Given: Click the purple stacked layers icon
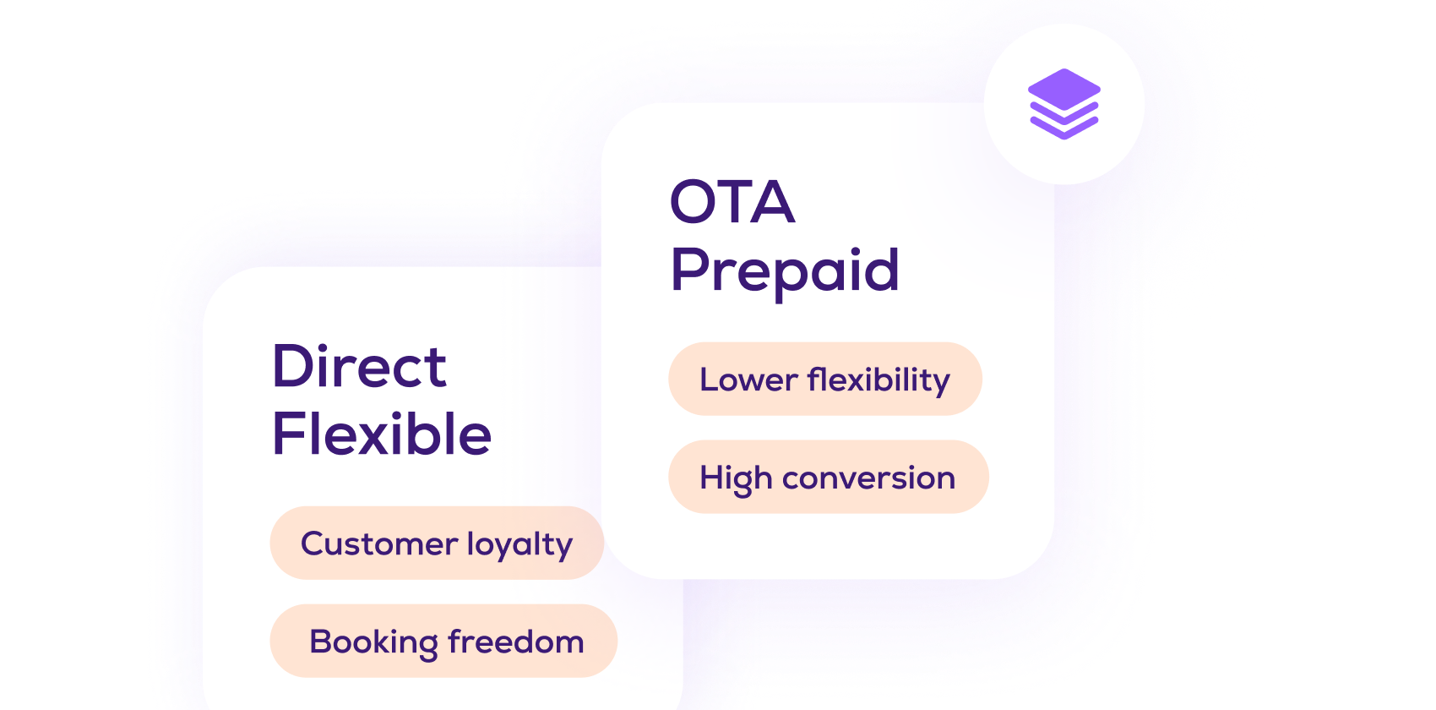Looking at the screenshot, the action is (1064, 104).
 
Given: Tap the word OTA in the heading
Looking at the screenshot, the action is (732, 202).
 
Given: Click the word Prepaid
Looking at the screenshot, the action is (785, 272).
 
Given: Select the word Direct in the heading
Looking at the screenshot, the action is (359, 366).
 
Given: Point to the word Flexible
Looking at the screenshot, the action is (382, 434).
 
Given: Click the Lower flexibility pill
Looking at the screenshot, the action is (825, 379).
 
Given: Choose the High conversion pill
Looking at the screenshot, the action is (829, 477).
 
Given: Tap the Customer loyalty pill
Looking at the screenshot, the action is (437, 543).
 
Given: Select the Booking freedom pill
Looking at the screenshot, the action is (443, 641).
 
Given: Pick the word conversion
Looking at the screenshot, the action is (868, 478).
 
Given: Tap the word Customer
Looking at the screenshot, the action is (379, 544).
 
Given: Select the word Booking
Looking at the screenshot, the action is (373, 642).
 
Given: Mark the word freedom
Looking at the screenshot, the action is (516, 642).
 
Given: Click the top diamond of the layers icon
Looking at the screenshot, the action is (1064, 89).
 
